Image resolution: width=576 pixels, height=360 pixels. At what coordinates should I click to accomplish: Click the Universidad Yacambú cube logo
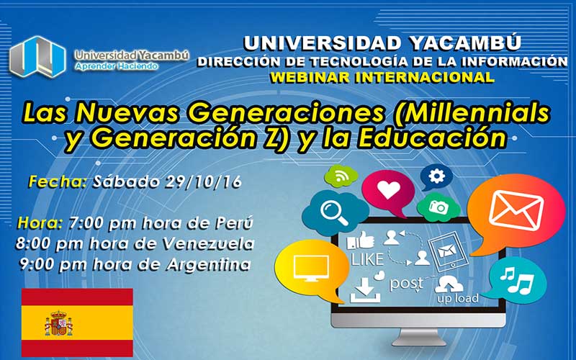tap(37, 57)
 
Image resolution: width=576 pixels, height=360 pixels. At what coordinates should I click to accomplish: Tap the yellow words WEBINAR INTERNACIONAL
tap(382, 78)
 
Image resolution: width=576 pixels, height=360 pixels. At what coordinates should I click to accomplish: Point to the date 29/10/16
tap(203, 182)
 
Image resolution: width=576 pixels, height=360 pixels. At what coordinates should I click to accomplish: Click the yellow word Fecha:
tap(58, 182)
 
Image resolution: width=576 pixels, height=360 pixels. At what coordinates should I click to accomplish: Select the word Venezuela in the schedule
tap(209, 243)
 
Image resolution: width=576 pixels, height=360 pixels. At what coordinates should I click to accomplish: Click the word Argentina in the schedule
tap(209, 264)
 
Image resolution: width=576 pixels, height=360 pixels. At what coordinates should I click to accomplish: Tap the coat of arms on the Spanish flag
tap(59, 323)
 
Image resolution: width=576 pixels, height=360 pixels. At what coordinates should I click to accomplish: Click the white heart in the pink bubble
tap(388, 190)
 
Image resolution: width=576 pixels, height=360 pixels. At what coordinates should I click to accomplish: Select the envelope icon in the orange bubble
tap(516, 211)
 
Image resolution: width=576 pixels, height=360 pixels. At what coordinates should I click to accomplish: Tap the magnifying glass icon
tap(334, 212)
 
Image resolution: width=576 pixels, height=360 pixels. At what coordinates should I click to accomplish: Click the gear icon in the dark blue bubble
tap(436, 176)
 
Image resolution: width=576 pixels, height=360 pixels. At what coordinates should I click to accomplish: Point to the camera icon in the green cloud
tap(438, 207)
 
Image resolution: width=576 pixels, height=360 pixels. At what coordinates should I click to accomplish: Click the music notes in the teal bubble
tap(517, 279)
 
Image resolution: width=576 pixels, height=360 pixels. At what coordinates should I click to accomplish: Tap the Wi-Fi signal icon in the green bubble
tap(341, 176)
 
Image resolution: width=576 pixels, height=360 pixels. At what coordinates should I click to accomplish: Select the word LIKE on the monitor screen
tap(367, 259)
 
